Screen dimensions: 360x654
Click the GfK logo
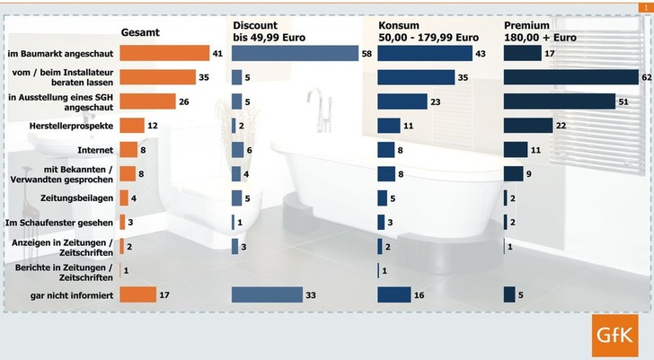(615, 337)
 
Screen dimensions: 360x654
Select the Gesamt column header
(140, 33)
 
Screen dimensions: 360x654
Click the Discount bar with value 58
(295, 54)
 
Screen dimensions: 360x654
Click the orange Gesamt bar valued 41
(163, 54)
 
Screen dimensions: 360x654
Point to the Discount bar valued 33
(268, 294)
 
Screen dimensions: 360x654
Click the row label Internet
(95, 150)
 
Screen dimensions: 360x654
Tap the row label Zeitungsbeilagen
(76, 198)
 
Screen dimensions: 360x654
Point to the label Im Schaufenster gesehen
(59, 222)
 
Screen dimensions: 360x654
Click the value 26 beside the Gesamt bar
(183, 101)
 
